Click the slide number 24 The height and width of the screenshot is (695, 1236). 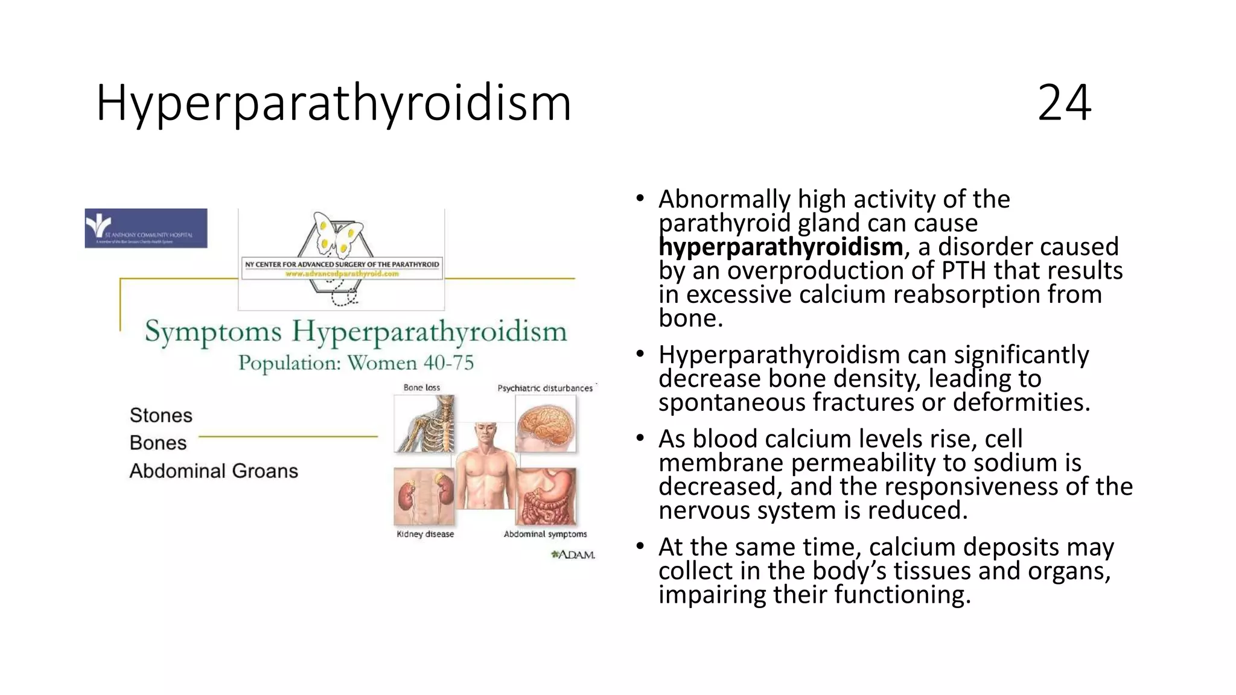coord(1064,103)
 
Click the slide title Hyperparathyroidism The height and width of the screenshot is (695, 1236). coord(333,103)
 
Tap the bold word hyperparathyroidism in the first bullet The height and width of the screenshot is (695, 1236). coord(781,247)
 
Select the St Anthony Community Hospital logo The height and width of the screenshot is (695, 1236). coord(146,228)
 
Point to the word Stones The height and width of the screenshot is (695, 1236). coord(161,415)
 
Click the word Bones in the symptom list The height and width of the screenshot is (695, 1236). coord(158,443)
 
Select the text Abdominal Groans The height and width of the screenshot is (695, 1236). coord(214,471)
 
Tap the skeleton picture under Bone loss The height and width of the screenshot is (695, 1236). coord(424,424)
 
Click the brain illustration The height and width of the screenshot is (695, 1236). coord(546,424)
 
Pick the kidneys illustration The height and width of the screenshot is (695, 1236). coord(424,496)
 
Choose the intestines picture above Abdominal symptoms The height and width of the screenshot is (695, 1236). coord(547,496)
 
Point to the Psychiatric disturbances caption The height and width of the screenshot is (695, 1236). coord(545,388)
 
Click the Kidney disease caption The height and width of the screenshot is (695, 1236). coord(425,534)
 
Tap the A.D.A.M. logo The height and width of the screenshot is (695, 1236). coord(573,554)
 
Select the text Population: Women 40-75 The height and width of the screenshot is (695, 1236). coord(356,363)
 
